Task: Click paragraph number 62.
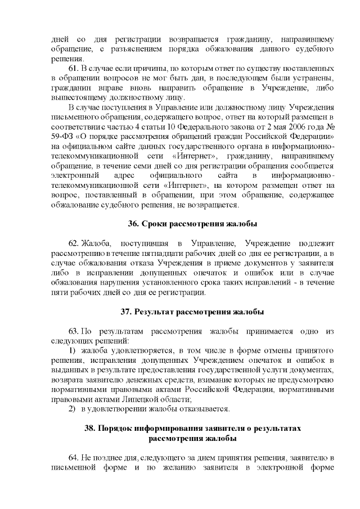[74, 243]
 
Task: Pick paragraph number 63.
[74, 330]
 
